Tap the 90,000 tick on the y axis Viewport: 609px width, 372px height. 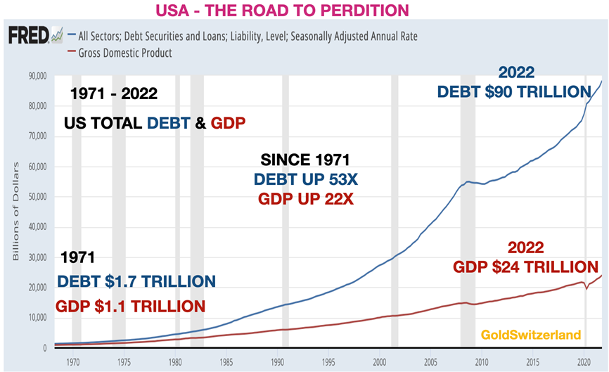[34, 75]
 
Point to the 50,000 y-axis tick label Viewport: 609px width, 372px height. [34, 197]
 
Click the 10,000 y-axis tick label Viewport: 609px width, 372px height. [34, 318]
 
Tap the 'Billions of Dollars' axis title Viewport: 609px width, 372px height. [15, 211]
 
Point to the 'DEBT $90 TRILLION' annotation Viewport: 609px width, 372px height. [513, 92]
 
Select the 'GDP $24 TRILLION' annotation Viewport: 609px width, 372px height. [521, 267]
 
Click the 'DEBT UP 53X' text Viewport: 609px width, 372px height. [306, 179]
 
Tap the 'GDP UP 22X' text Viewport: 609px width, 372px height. [306, 199]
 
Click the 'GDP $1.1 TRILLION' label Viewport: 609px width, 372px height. [132, 306]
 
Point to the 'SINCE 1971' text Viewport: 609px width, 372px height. [305, 160]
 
